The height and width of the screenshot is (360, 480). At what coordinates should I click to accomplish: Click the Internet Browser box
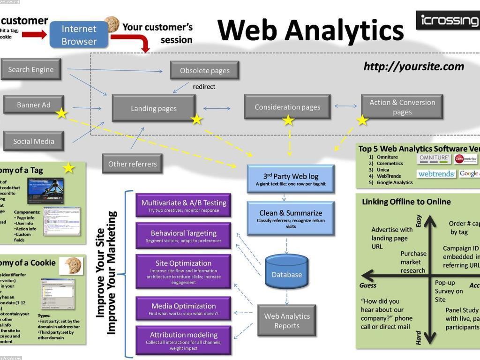[79, 35]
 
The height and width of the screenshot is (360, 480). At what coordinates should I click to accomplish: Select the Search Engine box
[31, 69]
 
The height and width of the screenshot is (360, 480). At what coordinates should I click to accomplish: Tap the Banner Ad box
[33, 105]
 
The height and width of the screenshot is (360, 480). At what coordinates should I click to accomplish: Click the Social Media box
[33, 141]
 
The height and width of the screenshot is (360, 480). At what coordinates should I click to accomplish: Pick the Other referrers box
[132, 164]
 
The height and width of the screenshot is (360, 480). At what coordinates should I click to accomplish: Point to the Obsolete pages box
[204, 70]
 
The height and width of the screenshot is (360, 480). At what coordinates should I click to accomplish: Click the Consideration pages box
[287, 107]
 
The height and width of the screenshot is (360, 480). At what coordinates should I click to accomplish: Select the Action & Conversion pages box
[402, 107]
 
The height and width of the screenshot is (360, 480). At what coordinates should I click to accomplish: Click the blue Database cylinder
[286, 271]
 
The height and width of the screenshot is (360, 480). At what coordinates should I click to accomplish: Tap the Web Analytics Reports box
[286, 321]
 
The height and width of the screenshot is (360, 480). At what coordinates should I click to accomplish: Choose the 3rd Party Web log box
[290, 179]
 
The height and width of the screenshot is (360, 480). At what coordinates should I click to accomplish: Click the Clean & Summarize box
[290, 218]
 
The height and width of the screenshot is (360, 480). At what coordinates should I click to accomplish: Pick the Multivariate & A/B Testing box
[183, 205]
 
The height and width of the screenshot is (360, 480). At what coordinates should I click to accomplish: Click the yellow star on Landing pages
[196, 120]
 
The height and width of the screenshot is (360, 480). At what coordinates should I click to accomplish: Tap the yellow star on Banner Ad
[61, 113]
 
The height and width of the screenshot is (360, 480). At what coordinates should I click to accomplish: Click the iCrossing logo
[449, 20]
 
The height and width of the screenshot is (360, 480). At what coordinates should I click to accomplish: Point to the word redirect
[204, 87]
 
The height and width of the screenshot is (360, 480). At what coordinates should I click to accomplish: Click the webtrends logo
[436, 174]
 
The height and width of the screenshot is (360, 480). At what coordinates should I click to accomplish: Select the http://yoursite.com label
[413, 67]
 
